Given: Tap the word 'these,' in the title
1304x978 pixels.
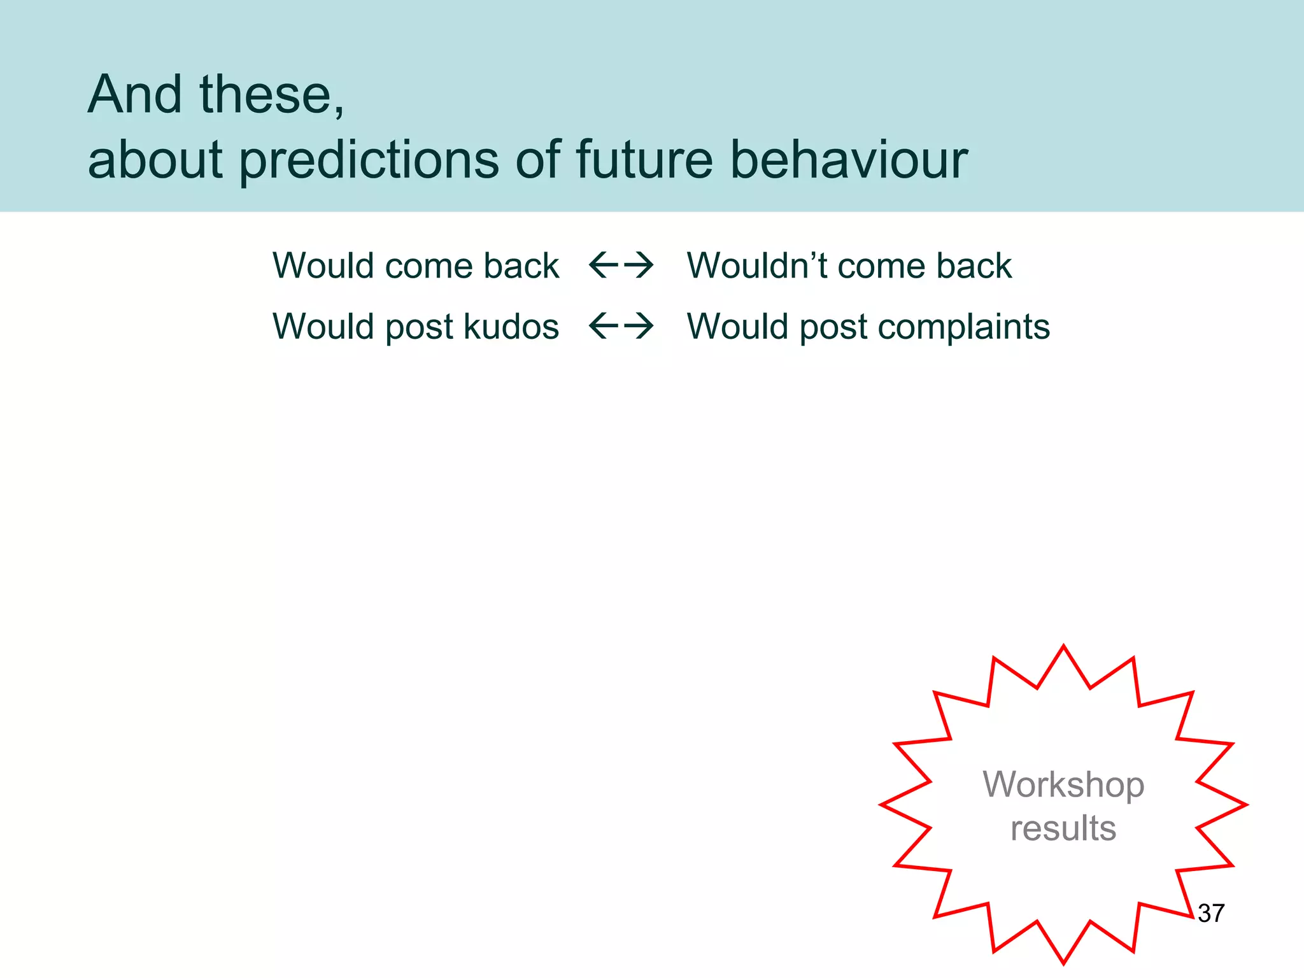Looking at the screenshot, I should (272, 96).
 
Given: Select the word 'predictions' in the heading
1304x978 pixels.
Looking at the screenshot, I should (369, 160).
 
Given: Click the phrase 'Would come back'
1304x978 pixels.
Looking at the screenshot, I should (415, 266).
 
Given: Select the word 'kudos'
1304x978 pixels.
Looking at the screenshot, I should (511, 327).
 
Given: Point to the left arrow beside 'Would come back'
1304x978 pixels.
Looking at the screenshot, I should (603, 265).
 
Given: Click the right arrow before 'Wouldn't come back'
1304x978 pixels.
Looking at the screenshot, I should (639, 265).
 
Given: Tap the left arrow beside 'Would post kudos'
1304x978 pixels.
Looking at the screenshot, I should (603, 326).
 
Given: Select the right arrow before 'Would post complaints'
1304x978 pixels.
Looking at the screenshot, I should (639, 326).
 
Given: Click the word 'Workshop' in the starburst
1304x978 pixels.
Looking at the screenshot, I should (1063, 785).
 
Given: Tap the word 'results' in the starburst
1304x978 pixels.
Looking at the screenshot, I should (1063, 828).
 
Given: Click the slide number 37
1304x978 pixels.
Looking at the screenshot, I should (1211, 913).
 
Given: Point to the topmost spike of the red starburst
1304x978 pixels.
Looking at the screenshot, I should (1063, 648).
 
